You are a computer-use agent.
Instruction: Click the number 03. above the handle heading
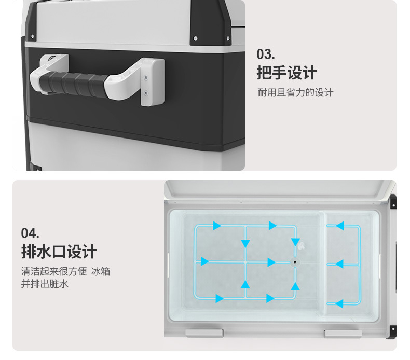(265, 54)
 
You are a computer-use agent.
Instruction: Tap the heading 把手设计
(286, 73)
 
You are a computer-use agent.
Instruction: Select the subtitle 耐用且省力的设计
(295, 93)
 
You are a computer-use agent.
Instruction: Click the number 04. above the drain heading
(30, 233)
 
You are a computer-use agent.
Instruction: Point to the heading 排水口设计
(59, 252)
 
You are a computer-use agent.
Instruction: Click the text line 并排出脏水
(45, 284)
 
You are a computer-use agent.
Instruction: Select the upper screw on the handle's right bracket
(146, 76)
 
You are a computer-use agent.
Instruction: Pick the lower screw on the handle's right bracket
(146, 93)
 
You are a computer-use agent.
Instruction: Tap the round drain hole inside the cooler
(295, 262)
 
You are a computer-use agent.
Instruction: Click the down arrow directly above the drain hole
(295, 242)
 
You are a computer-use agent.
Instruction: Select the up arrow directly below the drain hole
(295, 286)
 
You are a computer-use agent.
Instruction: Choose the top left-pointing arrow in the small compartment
(339, 226)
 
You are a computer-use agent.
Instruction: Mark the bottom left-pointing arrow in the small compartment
(339, 303)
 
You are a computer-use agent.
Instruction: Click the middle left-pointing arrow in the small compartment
(339, 264)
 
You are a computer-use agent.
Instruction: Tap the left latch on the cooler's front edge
(204, 333)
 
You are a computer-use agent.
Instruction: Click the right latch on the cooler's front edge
(343, 333)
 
